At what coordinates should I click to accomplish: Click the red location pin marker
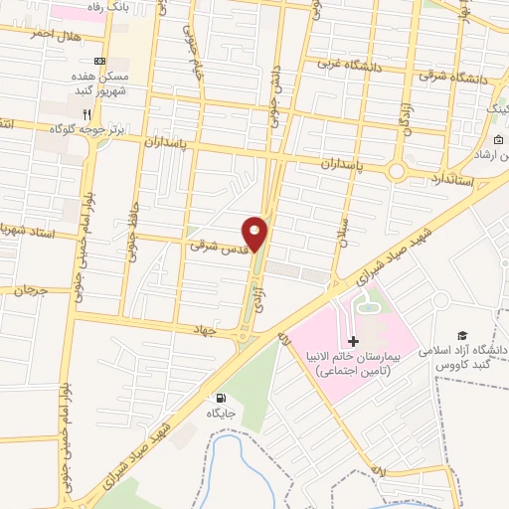255,235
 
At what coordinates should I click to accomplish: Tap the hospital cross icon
353,369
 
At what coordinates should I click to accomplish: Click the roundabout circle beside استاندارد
397,172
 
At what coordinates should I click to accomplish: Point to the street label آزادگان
405,117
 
